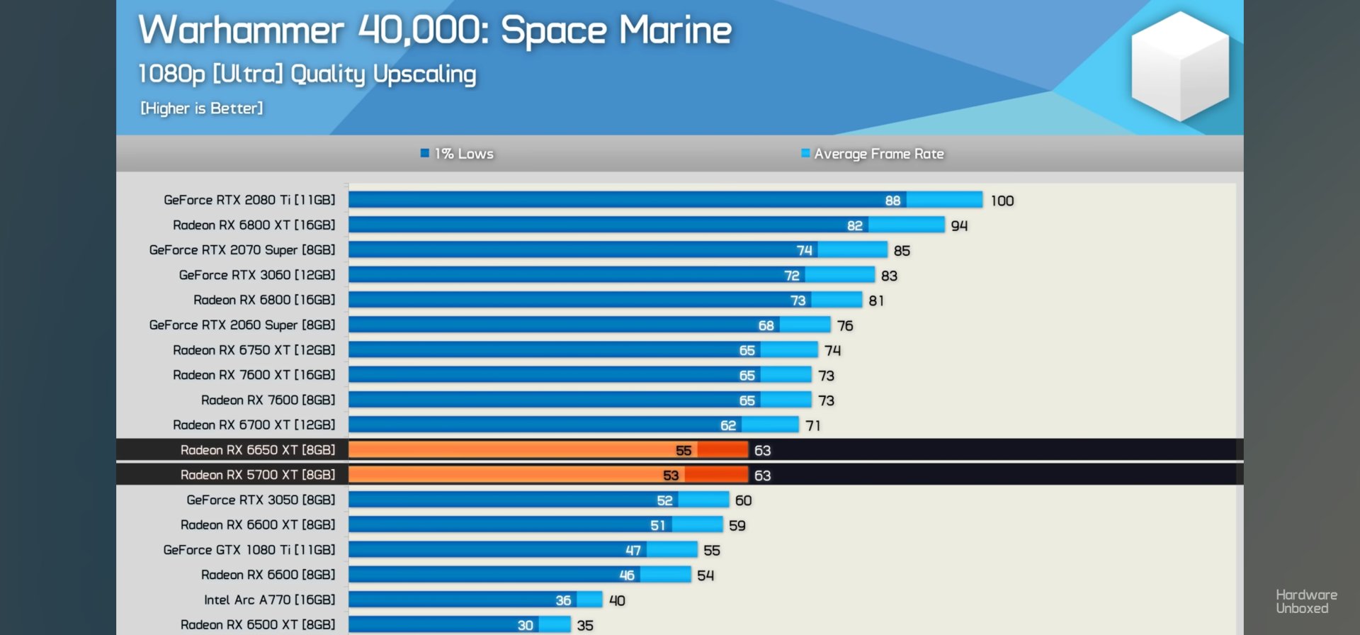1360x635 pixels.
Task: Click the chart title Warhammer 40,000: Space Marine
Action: (435, 30)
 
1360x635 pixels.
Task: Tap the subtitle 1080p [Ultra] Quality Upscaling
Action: (307, 74)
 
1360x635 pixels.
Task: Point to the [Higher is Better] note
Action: (201, 108)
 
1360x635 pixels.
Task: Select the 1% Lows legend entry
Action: (457, 154)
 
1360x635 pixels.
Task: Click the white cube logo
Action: (1179, 65)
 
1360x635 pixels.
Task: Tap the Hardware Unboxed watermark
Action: (1306, 601)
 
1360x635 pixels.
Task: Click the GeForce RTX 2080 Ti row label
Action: (249, 200)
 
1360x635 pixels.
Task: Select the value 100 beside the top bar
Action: (1002, 201)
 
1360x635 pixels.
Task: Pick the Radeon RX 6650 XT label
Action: (258, 450)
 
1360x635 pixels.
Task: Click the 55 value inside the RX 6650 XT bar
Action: (684, 451)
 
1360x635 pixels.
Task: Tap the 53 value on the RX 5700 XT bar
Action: (671, 476)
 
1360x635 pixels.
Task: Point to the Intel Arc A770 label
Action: (269, 600)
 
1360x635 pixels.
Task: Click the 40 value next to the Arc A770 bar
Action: (617, 600)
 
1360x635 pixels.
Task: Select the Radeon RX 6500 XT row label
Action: (258, 624)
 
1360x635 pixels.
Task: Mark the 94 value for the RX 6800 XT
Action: (959, 225)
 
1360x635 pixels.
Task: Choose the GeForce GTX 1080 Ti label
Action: (249, 550)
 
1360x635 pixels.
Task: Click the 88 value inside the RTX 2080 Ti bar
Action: (892, 201)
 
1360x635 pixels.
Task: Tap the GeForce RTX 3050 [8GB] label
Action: (261, 500)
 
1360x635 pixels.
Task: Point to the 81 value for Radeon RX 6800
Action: (876, 300)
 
